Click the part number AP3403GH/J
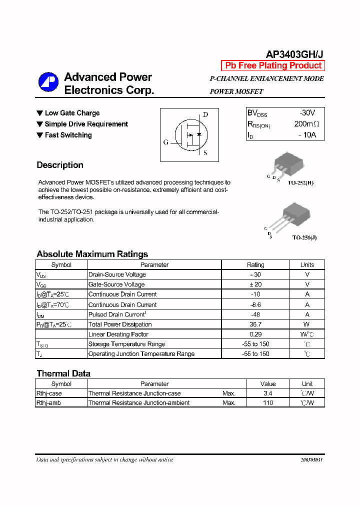pos(294,54)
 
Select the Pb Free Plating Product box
pos(273,65)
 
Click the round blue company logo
pos(48,83)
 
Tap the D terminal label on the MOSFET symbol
pos(205,114)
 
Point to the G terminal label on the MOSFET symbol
pos(166,142)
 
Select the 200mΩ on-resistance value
pos(306,124)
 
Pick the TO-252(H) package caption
pos(300,183)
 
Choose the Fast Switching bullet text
pos(68,135)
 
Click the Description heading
pos(60,165)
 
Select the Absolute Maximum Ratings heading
pos(92,254)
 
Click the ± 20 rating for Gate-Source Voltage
pos(255,284)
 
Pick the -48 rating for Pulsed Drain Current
pos(255,314)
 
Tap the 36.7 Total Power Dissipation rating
pos(255,324)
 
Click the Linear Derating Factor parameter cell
pos(118,334)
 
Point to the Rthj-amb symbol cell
pos(48,402)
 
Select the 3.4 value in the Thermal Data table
pos(268,393)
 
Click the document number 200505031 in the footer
pos(312,459)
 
